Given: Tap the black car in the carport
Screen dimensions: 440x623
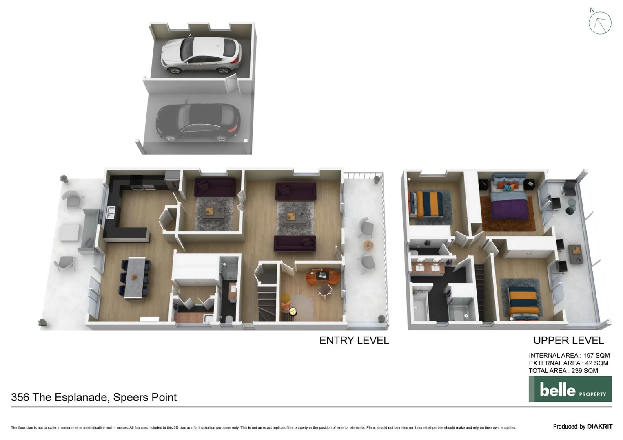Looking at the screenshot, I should tap(198, 122).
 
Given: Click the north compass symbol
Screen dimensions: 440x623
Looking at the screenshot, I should tap(600, 23).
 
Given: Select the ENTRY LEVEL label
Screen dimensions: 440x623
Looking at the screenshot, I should tap(354, 341).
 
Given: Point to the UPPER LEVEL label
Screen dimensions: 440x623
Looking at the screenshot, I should tap(568, 341).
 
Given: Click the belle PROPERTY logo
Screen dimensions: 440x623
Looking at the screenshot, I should tap(570, 389).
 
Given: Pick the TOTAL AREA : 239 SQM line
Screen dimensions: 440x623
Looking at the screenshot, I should tap(563, 371).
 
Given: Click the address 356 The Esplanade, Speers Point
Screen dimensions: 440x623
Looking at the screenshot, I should tap(94, 397).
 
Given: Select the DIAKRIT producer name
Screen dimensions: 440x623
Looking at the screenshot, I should tap(599, 427).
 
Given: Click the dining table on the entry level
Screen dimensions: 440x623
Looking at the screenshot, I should tap(135, 277).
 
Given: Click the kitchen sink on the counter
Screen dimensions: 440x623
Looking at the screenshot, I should tap(111, 212).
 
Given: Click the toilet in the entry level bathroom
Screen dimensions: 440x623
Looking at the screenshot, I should tap(228, 318).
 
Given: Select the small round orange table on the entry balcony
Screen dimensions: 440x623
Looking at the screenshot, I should tap(368, 245).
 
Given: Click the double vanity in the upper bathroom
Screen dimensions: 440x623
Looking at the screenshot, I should tap(428, 267).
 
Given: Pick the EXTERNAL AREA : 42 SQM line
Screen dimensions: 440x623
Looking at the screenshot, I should tap(568, 363).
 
